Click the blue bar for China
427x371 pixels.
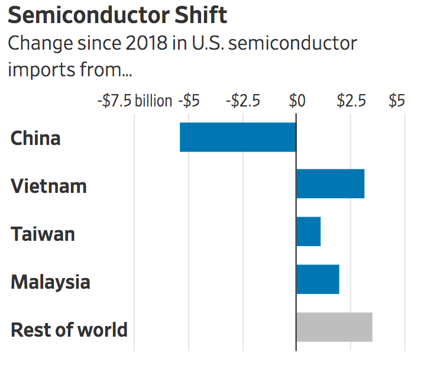tap(238, 137)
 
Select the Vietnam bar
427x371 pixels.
tap(330, 183)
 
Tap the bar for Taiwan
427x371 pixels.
tap(308, 231)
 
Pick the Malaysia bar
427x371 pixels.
tap(318, 279)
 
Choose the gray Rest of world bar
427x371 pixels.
tap(334, 327)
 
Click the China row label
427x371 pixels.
tap(35, 138)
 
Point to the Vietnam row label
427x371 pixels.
tap(48, 186)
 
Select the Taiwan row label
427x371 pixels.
tap(43, 234)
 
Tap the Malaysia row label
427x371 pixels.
tap(50, 282)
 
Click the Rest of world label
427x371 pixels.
tap(69, 330)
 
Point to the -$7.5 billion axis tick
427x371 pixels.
tap(134, 101)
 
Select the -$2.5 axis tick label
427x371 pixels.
tap(242, 101)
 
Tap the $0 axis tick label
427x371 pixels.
tap(297, 101)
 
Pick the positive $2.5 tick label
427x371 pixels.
tap(351, 101)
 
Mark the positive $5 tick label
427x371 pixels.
tap(397, 101)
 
